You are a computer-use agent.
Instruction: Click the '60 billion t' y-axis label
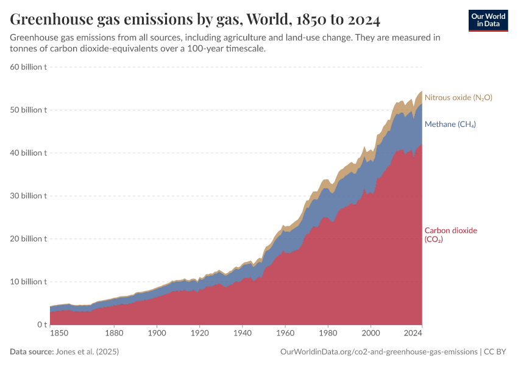point(29,67)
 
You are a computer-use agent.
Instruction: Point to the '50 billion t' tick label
point(29,110)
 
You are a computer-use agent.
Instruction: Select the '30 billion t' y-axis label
point(29,196)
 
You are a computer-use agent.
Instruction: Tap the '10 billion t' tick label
point(29,282)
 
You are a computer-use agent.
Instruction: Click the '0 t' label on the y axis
point(40,325)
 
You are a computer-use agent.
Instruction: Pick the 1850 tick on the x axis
point(59,334)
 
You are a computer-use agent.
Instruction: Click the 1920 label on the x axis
point(199,334)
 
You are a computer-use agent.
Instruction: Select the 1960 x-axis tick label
point(285,334)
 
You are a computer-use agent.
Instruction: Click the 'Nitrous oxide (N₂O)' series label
point(458,98)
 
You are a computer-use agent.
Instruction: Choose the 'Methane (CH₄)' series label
point(450,124)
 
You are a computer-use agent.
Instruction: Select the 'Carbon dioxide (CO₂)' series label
point(450,235)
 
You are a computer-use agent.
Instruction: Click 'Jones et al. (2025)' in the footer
point(87,352)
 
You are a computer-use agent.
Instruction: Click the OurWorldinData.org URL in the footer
point(378,352)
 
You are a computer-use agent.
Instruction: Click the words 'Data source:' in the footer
point(31,352)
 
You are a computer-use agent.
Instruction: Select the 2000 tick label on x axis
point(370,334)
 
